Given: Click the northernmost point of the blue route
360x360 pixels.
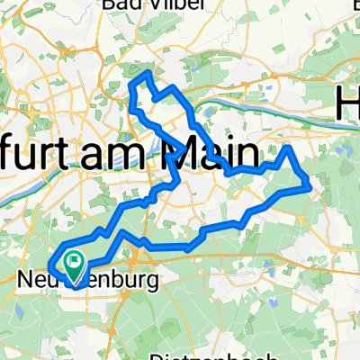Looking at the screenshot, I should tap(146, 71).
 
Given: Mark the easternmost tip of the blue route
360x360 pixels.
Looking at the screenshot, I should tap(310, 184).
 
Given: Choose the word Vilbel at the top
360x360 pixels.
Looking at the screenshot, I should tap(191, 4).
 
